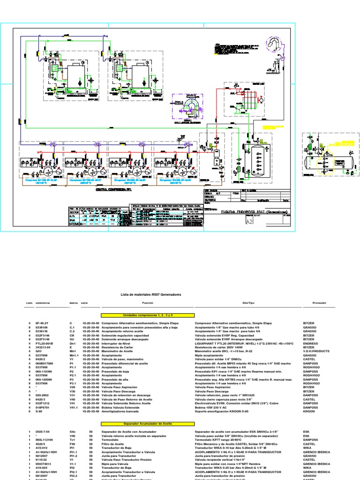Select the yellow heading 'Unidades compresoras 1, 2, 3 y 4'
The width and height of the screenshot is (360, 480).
141,315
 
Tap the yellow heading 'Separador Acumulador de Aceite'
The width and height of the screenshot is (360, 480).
141,423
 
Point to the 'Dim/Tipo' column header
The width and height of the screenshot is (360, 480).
248,303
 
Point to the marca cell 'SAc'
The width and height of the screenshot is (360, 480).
72,431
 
